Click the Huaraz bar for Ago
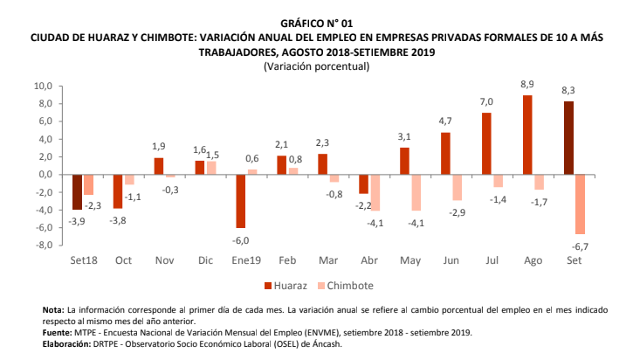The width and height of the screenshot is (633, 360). (x=527, y=135)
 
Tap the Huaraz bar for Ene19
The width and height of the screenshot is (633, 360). (x=240, y=201)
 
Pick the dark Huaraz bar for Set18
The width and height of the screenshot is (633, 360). (x=77, y=192)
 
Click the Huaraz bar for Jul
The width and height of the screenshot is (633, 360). (x=486, y=143)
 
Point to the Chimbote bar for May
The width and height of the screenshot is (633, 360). (x=416, y=192)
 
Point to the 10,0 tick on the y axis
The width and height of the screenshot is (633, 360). (x=44, y=87)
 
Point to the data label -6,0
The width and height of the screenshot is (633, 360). (x=240, y=240)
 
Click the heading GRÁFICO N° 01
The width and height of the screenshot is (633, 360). (x=316, y=21)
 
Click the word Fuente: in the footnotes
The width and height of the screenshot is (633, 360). (x=58, y=332)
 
